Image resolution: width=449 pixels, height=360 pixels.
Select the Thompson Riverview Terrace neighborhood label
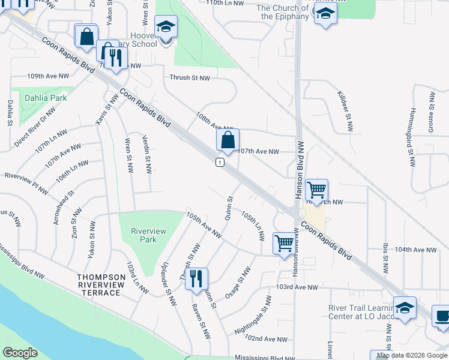pos(99,284)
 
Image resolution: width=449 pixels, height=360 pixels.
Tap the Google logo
pos(20,353)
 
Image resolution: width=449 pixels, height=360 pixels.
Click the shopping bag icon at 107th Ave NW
pos(228,141)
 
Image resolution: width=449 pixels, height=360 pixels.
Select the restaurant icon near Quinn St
pos(196,278)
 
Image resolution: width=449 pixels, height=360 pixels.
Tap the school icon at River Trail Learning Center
pos(405,308)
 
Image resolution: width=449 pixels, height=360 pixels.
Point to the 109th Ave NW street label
pos(49,77)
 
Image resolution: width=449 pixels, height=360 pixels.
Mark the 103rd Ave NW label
pos(297,287)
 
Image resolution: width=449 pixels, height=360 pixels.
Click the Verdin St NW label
pos(146,153)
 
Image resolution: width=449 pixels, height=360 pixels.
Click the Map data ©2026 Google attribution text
pos(411,355)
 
